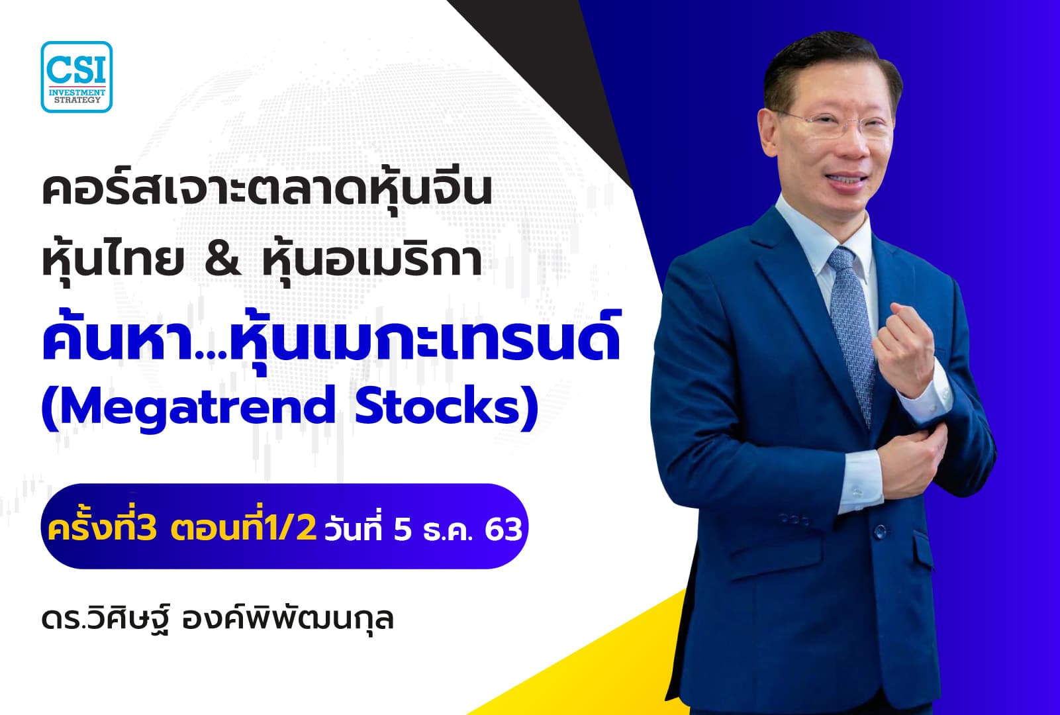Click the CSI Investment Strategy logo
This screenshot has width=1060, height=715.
76,76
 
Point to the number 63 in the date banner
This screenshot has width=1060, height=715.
503,529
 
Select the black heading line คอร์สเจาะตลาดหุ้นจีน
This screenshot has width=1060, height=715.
266,191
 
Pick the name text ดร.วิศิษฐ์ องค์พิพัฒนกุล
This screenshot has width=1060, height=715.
217,618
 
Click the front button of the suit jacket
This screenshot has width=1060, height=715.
881,529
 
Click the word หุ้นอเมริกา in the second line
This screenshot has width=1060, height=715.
371,260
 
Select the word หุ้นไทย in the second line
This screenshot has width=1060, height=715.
113,260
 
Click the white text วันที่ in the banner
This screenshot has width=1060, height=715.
354,529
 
